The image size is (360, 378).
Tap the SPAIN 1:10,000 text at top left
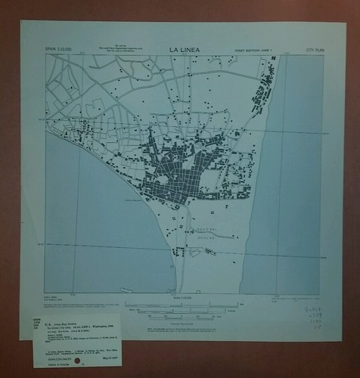tap(61, 51)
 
